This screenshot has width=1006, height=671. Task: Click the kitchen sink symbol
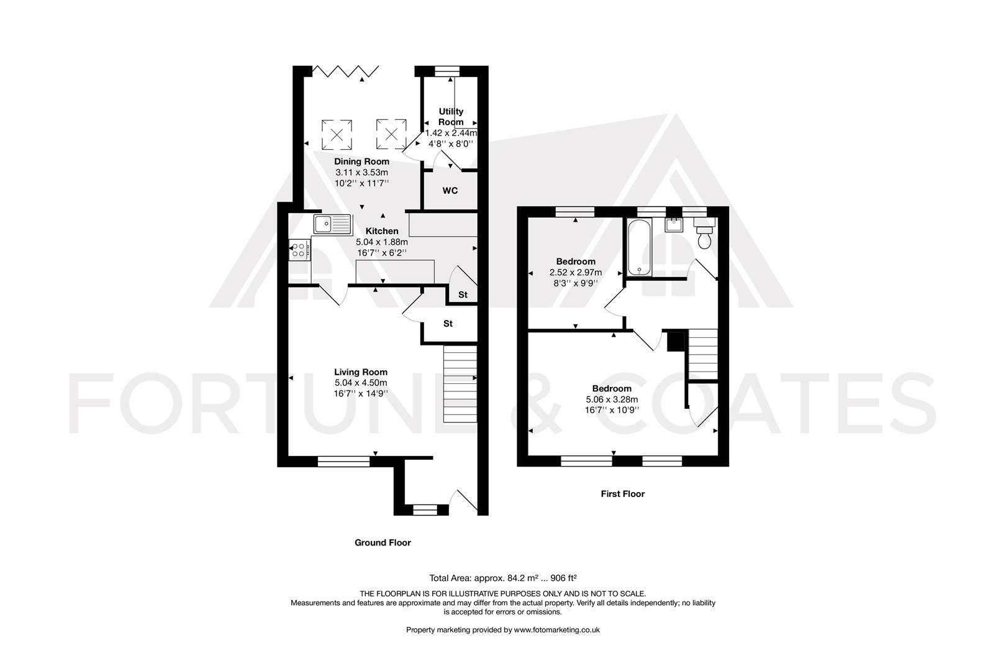332,223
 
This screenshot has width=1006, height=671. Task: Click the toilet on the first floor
705,236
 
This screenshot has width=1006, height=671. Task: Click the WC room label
450,191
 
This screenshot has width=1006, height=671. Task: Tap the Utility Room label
451,117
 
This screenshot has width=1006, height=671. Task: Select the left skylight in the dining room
337,134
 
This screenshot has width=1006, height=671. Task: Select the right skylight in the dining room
391,134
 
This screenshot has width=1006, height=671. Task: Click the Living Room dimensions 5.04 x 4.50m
361,383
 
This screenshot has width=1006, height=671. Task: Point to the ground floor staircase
460,385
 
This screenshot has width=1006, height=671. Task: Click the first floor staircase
703,354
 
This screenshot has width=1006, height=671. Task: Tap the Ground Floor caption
383,542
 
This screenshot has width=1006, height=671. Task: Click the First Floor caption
622,494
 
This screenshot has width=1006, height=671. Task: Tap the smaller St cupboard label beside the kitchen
463,295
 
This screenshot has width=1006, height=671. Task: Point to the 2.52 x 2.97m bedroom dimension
575,272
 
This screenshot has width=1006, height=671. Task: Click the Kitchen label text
381,231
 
